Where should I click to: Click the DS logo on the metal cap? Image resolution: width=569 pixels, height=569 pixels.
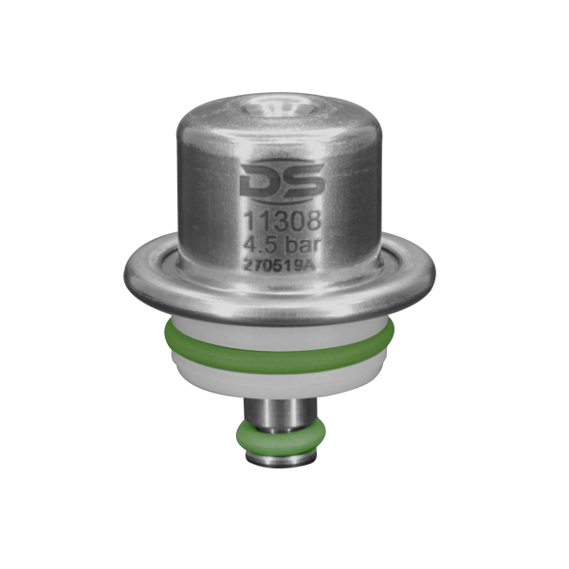[282, 181]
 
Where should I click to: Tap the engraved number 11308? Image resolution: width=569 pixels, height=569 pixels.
[282, 220]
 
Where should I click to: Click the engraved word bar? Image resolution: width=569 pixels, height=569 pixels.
[303, 245]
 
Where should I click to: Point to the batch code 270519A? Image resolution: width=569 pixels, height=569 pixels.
[279, 266]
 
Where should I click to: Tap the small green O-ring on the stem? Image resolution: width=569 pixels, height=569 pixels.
[281, 437]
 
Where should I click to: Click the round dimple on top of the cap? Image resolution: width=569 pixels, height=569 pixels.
[280, 108]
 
